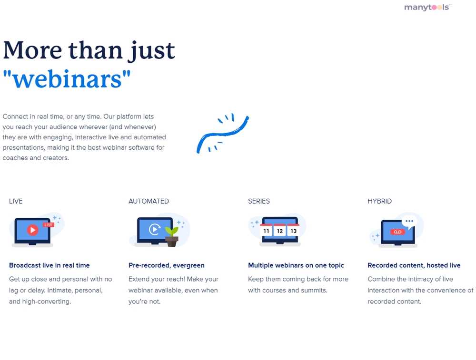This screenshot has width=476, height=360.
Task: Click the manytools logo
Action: [x=428, y=7]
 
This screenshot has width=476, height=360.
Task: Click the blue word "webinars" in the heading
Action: [x=67, y=79]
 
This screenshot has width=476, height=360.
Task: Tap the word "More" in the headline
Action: [x=32, y=50]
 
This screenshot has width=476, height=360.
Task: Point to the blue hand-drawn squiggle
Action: [x=223, y=134]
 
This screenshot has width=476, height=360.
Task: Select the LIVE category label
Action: [x=16, y=201]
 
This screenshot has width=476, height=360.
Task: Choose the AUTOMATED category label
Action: [x=149, y=201]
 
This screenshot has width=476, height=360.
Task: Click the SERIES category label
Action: [x=259, y=201]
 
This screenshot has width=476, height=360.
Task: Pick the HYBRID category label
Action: [x=380, y=201]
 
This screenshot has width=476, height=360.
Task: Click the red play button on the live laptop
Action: [x=32, y=230]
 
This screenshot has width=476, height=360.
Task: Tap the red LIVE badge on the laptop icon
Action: [x=49, y=225]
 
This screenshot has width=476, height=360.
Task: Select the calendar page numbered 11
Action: [x=266, y=230]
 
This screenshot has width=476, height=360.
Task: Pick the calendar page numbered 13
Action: [x=293, y=230]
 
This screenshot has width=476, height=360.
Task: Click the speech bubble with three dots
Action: [x=409, y=222]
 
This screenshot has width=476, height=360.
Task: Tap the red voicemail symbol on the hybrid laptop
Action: [x=397, y=232]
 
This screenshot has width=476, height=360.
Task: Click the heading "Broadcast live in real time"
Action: [x=50, y=265]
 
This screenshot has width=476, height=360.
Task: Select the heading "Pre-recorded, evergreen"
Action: [x=167, y=265]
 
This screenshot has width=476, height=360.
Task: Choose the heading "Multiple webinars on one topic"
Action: [x=296, y=265]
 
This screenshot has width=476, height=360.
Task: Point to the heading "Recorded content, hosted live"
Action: [x=414, y=265]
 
